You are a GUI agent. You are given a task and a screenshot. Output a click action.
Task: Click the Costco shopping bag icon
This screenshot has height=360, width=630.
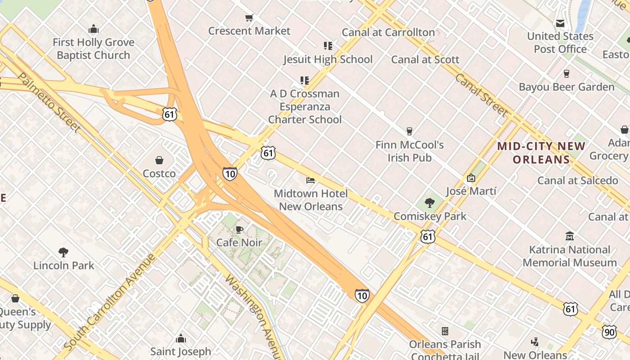click(x=159, y=160)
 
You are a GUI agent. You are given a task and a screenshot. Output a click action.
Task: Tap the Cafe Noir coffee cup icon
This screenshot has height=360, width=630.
click(x=239, y=230)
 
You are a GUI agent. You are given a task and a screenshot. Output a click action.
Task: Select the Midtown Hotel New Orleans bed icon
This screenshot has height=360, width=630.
click(x=310, y=180)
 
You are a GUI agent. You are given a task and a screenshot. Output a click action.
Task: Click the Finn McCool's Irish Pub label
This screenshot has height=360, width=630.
click(x=409, y=151)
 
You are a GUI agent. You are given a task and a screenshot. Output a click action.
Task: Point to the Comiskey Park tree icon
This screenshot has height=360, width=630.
click(x=430, y=203)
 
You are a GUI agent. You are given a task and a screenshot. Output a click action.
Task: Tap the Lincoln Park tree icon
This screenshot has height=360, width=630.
click(x=63, y=252)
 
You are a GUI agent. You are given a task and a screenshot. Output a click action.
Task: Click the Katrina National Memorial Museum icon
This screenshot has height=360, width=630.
click(x=570, y=236)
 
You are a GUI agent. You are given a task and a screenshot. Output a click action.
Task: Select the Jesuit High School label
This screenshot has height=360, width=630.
click(x=328, y=59)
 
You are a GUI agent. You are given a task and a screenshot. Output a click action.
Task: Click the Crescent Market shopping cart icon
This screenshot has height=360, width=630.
click(x=249, y=18)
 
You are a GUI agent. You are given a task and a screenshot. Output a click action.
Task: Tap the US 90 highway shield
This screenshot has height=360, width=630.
click(x=609, y=332)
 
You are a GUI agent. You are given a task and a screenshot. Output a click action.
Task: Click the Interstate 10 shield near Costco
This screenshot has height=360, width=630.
click(x=229, y=174)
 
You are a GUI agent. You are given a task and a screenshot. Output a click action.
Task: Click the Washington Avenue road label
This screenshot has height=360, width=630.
click(x=253, y=315)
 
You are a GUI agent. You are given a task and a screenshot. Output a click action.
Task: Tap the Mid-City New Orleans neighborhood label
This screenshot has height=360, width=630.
click(x=541, y=153)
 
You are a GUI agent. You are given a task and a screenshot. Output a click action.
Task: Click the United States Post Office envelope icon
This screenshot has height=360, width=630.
click(x=560, y=23)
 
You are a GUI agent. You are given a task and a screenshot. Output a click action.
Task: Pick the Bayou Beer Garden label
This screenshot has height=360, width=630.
click(x=566, y=87)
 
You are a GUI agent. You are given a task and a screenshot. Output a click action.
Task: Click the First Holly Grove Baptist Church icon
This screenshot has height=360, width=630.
click(x=94, y=29)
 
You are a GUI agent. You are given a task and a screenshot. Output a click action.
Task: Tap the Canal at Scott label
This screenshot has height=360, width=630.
click(x=425, y=59)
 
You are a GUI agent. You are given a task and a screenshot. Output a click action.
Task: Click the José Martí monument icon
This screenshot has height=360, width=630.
click(x=471, y=178)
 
